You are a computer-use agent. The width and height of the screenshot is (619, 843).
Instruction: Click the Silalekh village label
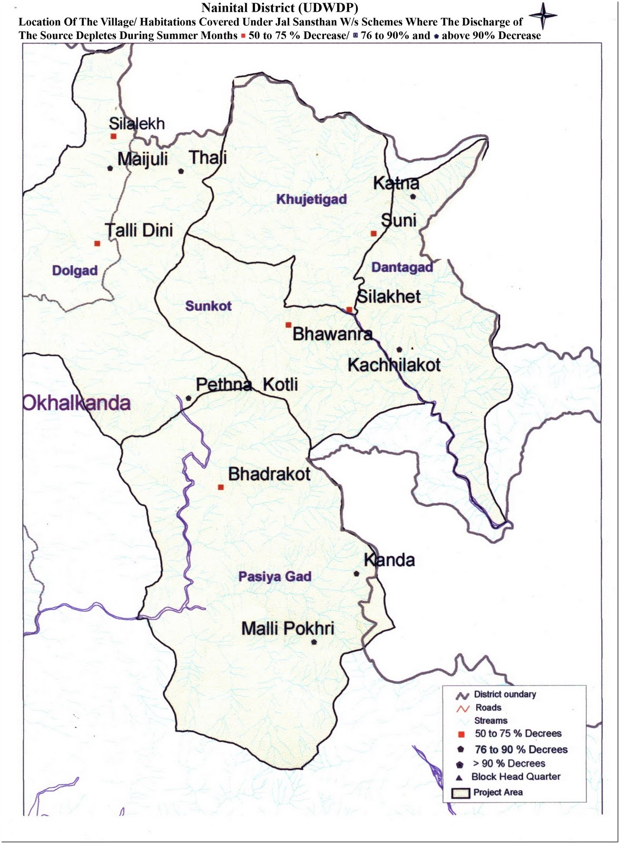click(x=136, y=124)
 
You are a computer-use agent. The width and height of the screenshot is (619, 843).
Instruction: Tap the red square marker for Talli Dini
click(x=97, y=243)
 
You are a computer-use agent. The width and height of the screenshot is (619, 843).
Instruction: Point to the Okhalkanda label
click(x=76, y=403)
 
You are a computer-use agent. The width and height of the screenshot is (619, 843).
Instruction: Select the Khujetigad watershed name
click(x=312, y=199)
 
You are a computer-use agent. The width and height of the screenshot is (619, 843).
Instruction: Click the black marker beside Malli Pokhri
click(x=314, y=642)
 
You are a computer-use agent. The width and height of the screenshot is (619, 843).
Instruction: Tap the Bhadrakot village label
click(x=269, y=474)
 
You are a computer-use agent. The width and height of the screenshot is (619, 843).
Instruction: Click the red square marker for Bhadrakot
click(x=221, y=487)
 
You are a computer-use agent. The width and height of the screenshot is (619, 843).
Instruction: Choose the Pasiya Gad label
click(x=274, y=576)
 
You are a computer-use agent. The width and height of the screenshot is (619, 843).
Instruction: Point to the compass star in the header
click(x=543, y=16)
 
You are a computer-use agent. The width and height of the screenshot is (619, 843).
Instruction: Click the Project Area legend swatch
click(x=461, y=793)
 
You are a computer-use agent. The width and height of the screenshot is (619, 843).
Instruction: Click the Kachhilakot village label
click(x=394, y=365)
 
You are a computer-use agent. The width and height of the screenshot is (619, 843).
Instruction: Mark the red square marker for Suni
click(x=374, y=233)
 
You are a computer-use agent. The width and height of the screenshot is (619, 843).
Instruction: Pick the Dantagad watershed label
click(x=402, y=267)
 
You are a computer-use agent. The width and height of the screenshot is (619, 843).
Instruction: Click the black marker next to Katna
click(x=413, y=197)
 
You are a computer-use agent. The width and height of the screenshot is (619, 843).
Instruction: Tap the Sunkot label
click(x=209, y=306)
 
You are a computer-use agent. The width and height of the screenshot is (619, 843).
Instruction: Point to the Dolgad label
click(x=75, y=271)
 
